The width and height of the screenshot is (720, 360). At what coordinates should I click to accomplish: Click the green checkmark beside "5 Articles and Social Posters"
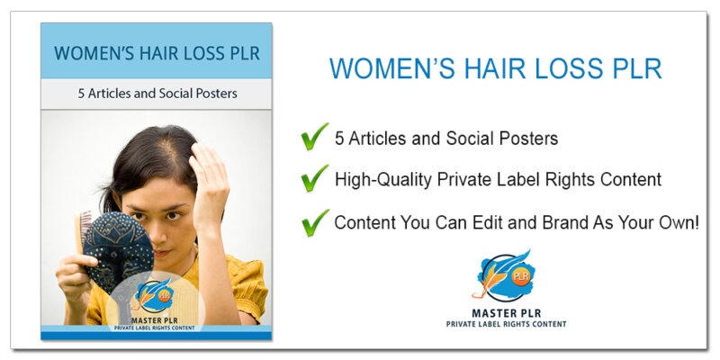click(x=314, y=137)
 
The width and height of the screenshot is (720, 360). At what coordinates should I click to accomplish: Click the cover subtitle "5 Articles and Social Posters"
click(x=156, y=94)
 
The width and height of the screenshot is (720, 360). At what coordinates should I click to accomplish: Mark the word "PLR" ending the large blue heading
click(x=632, y=69)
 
